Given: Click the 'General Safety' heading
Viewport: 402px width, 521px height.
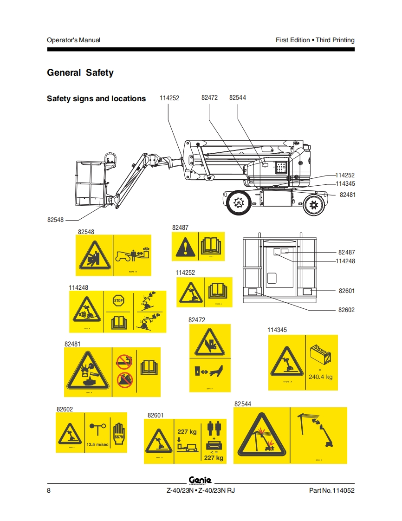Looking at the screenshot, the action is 80,73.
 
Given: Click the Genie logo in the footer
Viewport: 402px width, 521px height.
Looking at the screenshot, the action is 200,480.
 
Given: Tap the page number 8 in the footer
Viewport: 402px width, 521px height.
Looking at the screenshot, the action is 49,491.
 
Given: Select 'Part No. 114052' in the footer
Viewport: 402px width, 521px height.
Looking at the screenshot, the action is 331,491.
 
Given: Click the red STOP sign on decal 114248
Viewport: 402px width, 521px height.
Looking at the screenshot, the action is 118,300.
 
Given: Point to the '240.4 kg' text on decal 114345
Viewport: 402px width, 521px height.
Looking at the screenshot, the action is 320,377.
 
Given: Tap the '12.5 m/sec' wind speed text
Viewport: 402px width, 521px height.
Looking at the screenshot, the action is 97,444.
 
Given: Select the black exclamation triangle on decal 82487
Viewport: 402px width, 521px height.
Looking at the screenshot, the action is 185,247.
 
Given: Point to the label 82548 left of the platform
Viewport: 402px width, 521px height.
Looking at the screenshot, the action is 55,220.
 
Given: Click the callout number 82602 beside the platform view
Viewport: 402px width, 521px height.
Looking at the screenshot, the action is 346,310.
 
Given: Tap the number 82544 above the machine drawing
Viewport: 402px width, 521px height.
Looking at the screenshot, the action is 238,98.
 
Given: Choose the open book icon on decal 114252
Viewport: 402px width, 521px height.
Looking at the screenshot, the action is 217,292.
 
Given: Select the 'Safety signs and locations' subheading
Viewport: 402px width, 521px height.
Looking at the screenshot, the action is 96,98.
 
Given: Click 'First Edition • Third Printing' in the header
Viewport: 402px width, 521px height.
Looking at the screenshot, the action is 315,40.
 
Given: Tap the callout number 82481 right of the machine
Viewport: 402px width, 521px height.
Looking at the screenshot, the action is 347,195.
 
